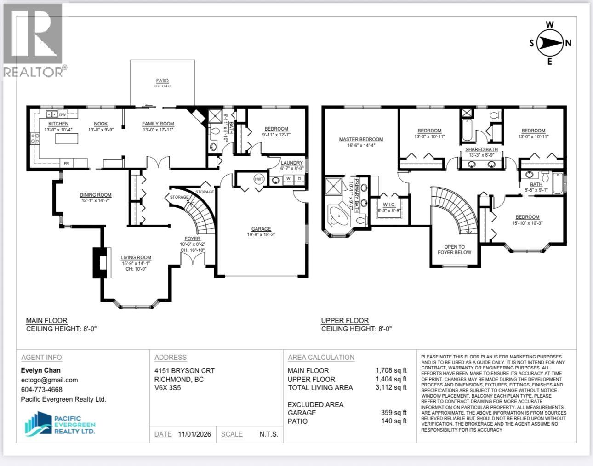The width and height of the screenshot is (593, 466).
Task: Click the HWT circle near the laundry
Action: [259, 179]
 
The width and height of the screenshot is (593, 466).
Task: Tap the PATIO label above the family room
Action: [162, 81]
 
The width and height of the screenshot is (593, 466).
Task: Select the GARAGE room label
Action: [261, 229]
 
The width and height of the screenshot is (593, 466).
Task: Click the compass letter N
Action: [568, 43]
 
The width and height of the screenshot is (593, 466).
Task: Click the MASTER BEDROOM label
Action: [361, 139]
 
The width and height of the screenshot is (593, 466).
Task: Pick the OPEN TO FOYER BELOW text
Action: [454, 250]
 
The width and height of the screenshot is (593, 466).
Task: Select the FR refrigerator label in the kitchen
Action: [66, 163]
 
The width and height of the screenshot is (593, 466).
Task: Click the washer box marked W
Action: [288, 179]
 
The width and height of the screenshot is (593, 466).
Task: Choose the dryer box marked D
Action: [299, 179]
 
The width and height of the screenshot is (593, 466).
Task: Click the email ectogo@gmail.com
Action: [49, 380]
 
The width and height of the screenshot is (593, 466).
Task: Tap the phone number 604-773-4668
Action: [41, 390]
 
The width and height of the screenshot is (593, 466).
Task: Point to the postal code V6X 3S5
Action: [168, 388]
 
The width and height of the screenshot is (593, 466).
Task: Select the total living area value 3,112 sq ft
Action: [391, 387]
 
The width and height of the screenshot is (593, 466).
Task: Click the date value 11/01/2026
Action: [194, 434]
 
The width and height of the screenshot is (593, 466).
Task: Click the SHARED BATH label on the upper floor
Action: [481, 149]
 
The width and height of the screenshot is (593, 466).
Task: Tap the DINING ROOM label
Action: [96, 195]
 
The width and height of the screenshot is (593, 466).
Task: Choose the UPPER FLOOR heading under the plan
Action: [345, 321]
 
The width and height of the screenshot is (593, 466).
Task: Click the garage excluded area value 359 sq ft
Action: [393, 413]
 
